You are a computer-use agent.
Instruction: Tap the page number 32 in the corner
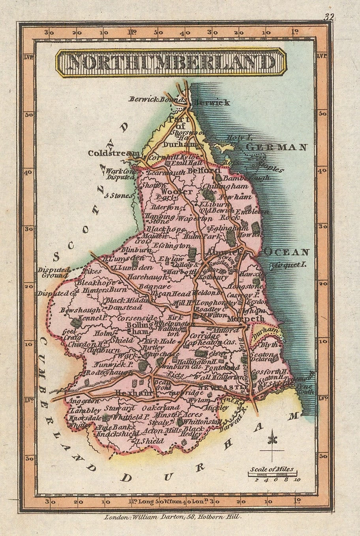(x=328, y=17)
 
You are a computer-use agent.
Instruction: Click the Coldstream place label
(x=113, y=153)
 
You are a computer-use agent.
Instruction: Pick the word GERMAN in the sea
(x=276, y=148)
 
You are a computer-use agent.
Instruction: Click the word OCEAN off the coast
(x=287, y=252)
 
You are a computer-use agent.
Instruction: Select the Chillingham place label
(x=225, y=186)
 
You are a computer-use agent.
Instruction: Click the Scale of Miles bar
(x=272, y=474)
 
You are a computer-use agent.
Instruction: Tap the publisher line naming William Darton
(x=171, y=517)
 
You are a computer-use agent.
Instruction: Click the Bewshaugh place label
(x=76, y=310)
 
